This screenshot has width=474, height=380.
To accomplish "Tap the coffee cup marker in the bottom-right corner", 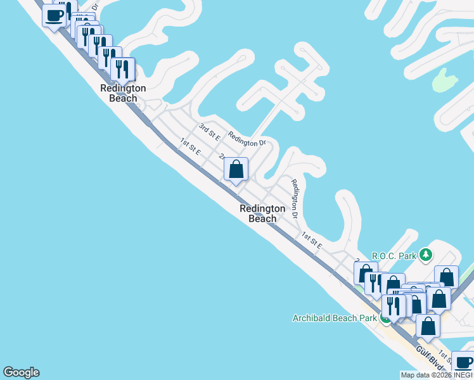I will [x=463, y=363].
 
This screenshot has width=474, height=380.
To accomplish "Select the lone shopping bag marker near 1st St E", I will [x=236, y=170].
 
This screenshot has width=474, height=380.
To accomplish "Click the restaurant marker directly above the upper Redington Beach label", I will [x=122, y=69].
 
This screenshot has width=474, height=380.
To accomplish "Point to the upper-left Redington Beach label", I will [x=123, y=93].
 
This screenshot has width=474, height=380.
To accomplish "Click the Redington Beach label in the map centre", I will [x=262, y=213].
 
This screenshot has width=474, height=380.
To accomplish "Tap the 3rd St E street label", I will [x=209, y=132].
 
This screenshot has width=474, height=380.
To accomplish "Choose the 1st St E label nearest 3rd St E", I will [x=190, y=147].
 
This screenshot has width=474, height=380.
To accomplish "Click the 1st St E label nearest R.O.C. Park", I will [x=311, y=241].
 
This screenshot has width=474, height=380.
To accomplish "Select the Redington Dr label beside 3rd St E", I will [x=247, y=139].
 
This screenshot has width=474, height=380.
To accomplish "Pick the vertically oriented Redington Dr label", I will [x=295, y=198].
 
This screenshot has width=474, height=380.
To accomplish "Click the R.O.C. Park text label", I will [x=394, y=256].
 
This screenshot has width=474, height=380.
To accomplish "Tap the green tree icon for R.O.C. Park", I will [x=427, y=255].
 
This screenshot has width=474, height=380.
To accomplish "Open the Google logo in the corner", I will [x=21, y=372].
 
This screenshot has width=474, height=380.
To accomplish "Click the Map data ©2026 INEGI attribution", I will [x=436, y=375].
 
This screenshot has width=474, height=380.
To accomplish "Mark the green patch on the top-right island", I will [x=445, y=79].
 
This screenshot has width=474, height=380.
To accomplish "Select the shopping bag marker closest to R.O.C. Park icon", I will [x=446, y=277].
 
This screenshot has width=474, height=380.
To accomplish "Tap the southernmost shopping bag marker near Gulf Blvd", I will [x=428, y=326].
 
